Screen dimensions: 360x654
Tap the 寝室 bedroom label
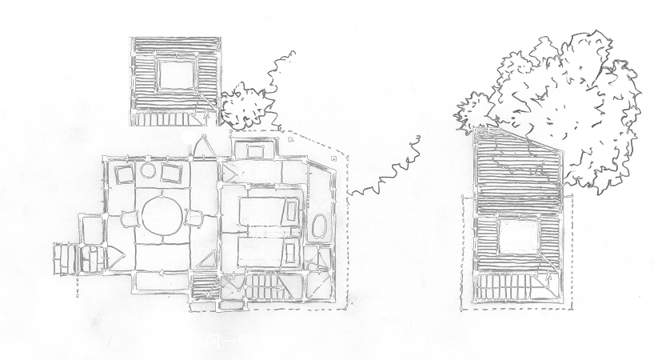264,231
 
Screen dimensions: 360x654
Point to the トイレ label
329,205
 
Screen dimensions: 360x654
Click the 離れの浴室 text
269,81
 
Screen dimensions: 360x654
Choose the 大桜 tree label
571,109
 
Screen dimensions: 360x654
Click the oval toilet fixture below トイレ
318,227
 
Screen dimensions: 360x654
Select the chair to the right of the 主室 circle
197,217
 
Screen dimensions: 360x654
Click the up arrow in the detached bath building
207,116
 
